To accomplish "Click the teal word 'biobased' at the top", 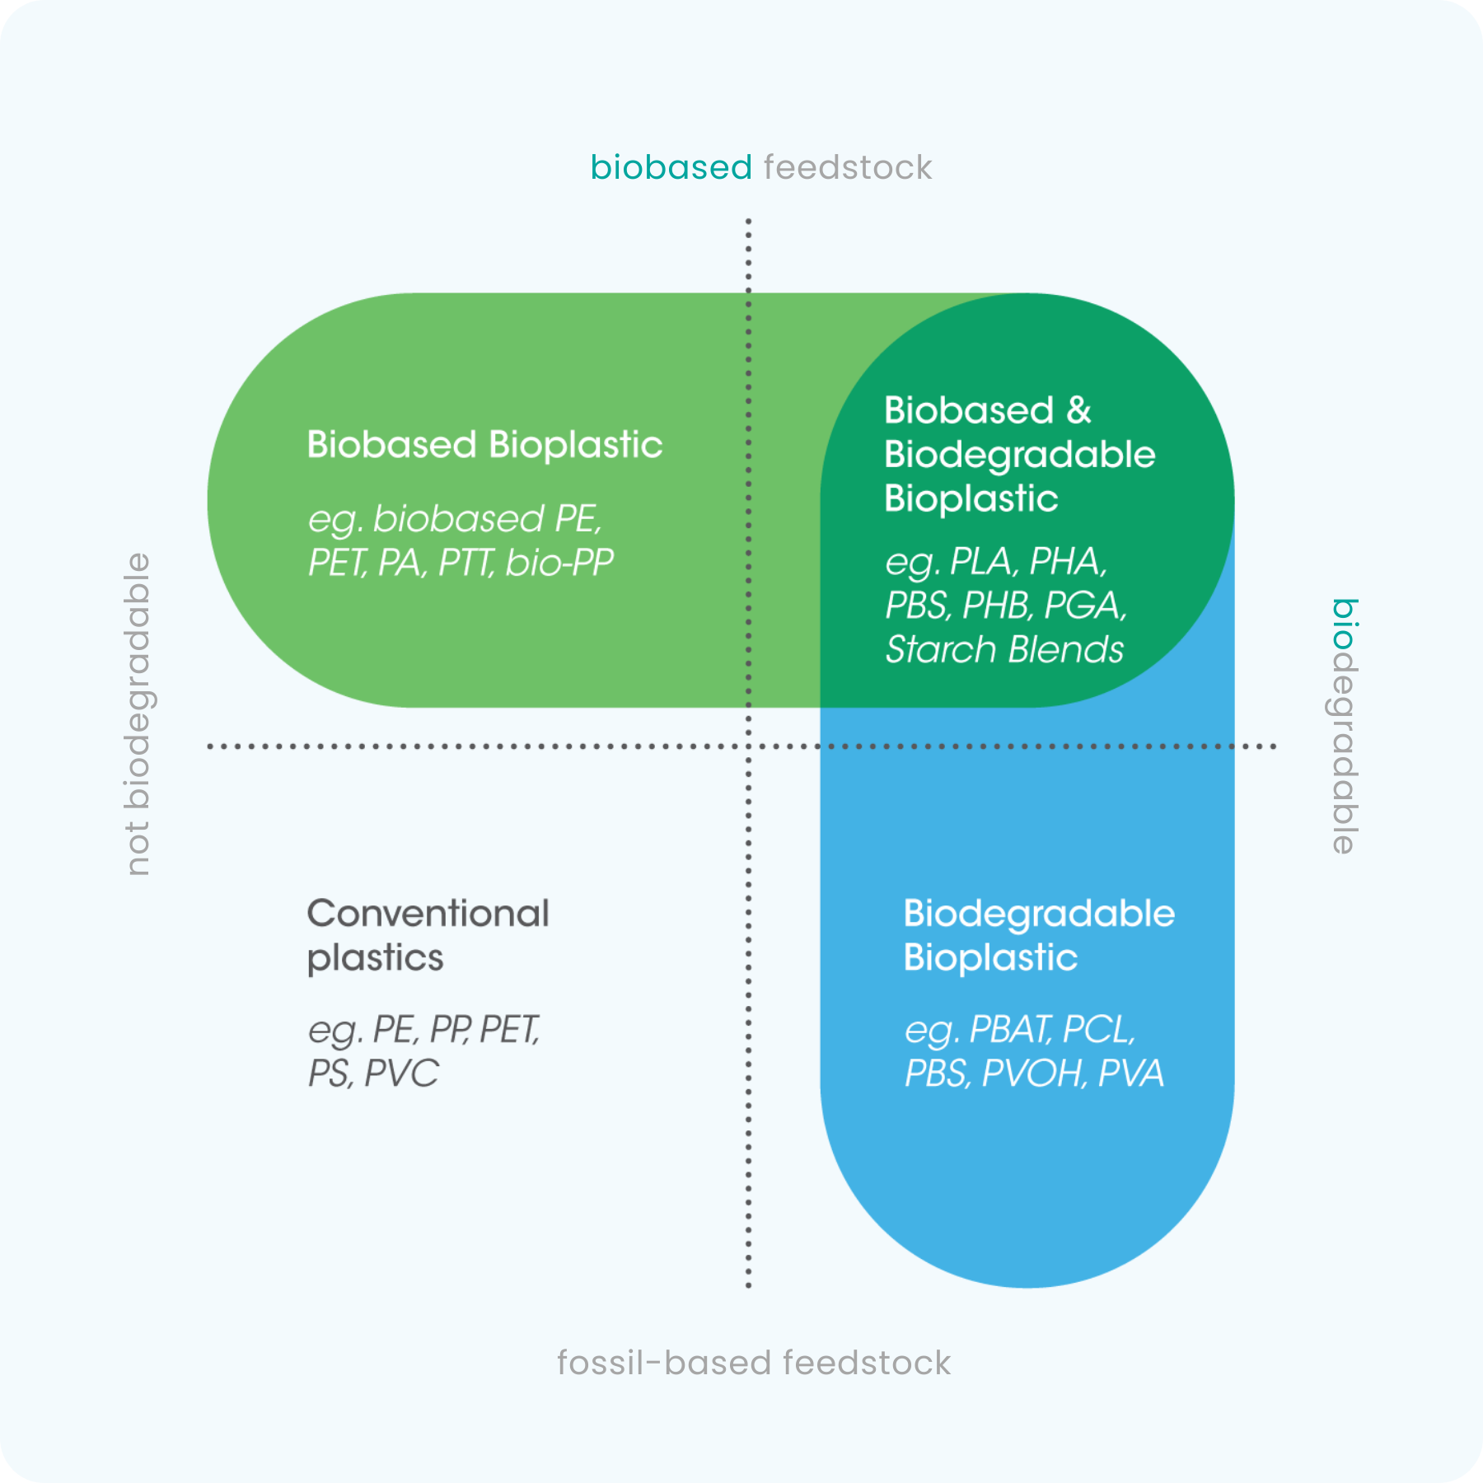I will click(671, 168).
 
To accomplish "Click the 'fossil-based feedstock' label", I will click(754, 1364).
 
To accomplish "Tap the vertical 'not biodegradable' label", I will click(138, 713).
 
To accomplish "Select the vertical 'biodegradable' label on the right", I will click(1345, 726).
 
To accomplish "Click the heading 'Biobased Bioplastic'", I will click(484, 445).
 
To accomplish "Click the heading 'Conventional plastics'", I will click(428, 935).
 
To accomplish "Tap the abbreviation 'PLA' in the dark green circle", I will click(981, 562).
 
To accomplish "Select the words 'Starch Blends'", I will click(1004, 649).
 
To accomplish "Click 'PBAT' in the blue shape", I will click(1010, 1030).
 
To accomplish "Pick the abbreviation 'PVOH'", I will click(1032, 1074).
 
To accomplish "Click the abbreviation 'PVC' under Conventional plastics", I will click(401, 1074).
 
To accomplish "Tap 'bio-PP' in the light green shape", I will click(559, 563).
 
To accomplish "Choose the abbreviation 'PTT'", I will click(465, 563).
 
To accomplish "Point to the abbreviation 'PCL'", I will click(1097, 1030).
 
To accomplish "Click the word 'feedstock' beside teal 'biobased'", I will click(848, 168).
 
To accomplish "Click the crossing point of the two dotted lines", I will click(748, 746).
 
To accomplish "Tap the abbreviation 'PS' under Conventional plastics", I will click(328, 1074).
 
